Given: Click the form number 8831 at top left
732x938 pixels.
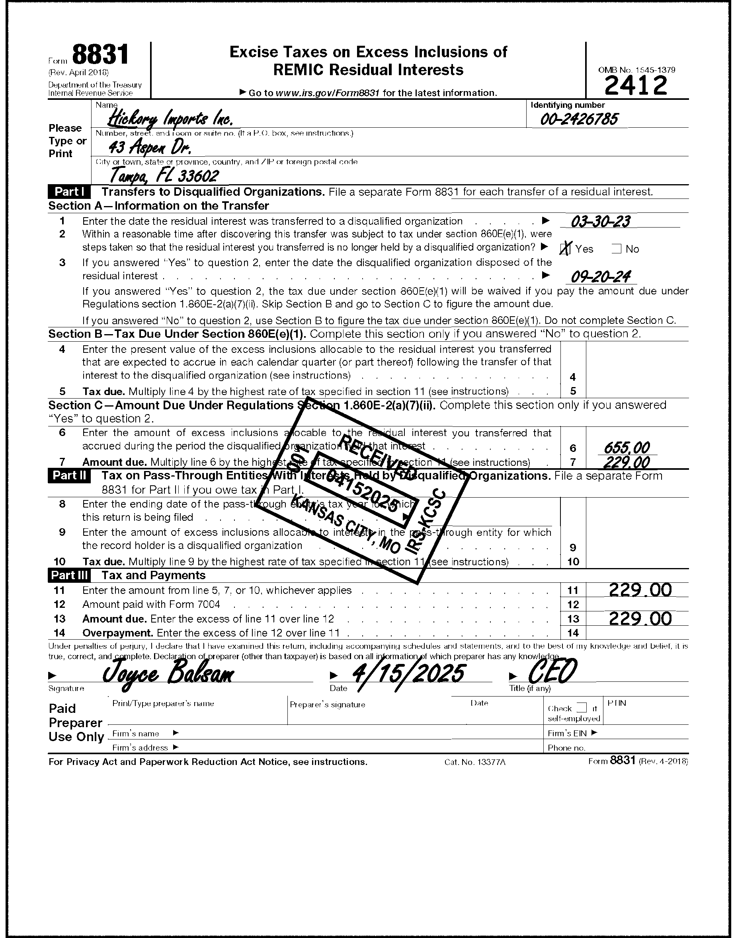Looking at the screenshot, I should point(100,55).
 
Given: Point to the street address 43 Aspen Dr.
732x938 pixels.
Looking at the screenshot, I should point(149,148).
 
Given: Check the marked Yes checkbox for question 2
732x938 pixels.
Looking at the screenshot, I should point(566,249).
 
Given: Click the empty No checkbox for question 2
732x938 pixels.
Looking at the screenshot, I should point(617,249).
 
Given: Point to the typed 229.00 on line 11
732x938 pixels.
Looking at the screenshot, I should point(640,590).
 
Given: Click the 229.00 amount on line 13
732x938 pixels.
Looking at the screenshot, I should point(640,619).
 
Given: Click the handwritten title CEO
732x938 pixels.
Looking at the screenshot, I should point(552,672).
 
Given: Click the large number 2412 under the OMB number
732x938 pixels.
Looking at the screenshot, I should point(636,85).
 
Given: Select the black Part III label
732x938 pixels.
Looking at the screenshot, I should point(69,576).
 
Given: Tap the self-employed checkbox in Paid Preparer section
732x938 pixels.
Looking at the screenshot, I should point(581,707).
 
